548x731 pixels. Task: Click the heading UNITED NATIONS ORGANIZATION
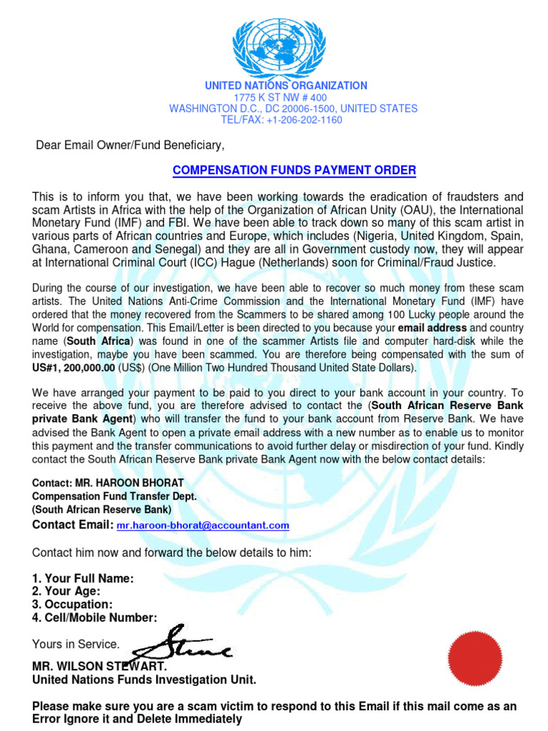pos(286,86)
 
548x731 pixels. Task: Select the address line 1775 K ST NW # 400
pos(280,98)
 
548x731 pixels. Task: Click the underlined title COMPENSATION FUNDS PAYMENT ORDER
pos(295,171)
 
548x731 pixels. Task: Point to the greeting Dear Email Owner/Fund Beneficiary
pos(130,146)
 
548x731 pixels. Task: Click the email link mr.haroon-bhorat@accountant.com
pos(203,525)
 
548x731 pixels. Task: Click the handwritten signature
pos(184,644)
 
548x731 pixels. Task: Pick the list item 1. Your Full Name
pos(83,578)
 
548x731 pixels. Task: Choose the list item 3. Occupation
pos(72,605)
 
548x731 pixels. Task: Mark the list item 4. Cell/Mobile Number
pos(94,617)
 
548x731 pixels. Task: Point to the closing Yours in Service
pos(76,644)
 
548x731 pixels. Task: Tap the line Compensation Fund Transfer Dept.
pos(113,496)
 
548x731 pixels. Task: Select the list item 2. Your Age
pos(66,591)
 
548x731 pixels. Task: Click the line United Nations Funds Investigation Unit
pos(144,680)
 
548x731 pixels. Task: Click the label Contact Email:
pos(73,525)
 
